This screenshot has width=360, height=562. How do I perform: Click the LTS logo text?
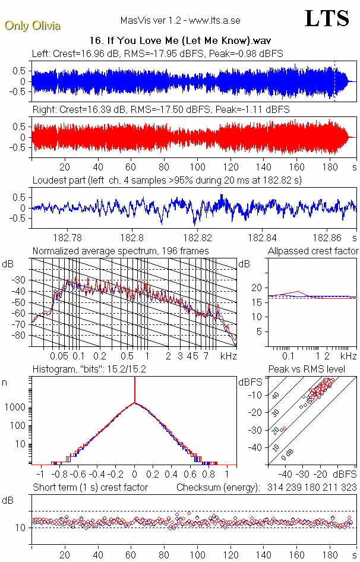pos(327,19)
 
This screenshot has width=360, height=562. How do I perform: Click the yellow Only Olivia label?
pos(32,26)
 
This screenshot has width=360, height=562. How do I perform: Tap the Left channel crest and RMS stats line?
pos(157,53)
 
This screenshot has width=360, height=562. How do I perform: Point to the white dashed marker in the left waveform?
pos(334,80)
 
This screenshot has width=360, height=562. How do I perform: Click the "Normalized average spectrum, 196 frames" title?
pos(121,251)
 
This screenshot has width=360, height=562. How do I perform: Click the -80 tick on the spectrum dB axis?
pos(22,336)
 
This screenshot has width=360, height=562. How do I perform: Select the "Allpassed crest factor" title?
pos(312,251)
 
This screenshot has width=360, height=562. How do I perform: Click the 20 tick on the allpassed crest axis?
pos(257,288)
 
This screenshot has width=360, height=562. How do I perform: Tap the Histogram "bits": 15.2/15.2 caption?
pos(89,370)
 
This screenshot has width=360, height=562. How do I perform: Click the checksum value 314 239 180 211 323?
pos(308,487)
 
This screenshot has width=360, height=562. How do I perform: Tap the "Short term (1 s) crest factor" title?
pos(90,487)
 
